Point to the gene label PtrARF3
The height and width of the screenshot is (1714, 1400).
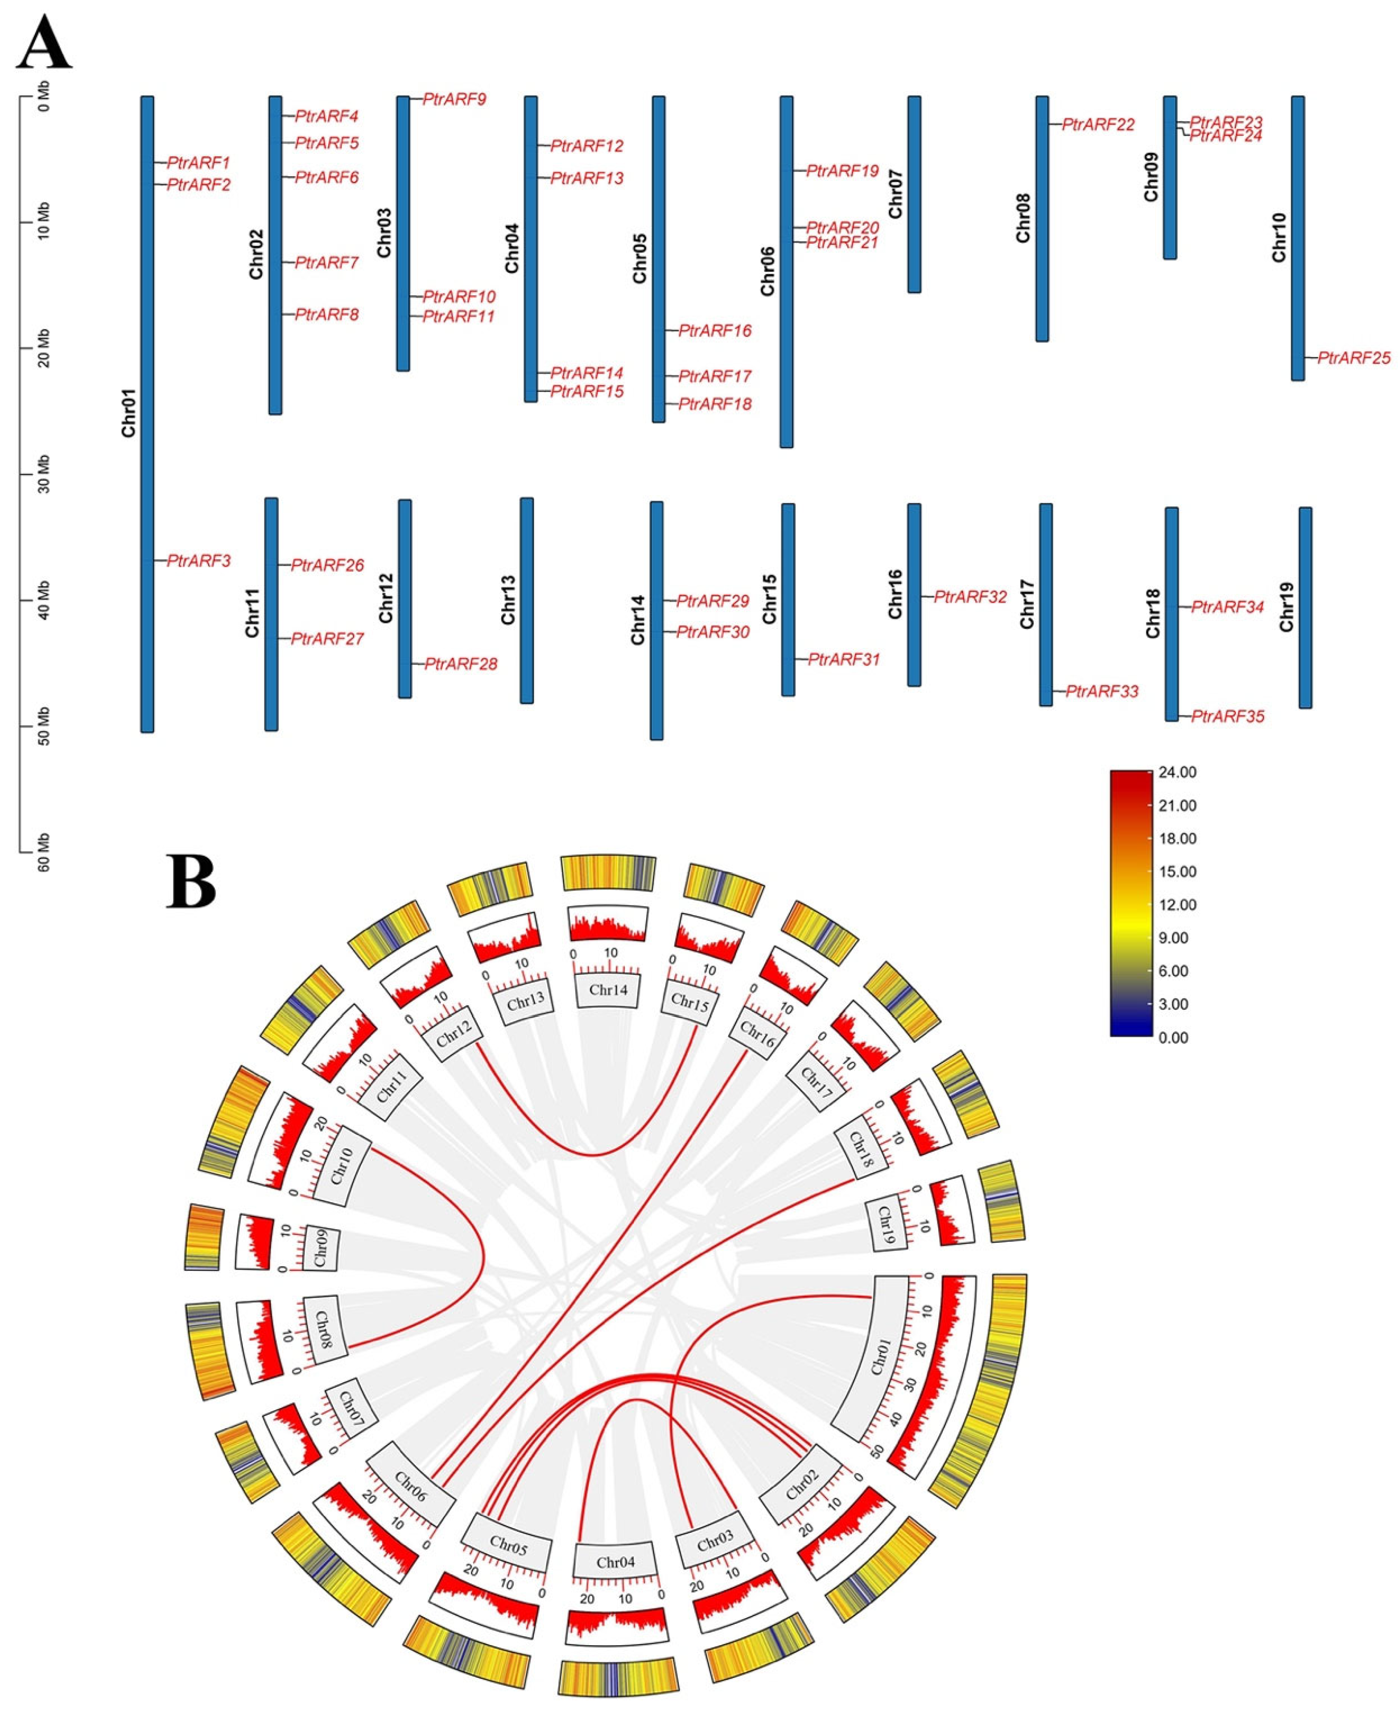pyautogui.click(x=199, y=560)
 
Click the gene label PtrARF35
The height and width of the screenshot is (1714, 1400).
pyautogui.click(x=1227, y=716)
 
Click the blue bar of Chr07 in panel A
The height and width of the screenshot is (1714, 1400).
pyautogui.click(x=914, y=194)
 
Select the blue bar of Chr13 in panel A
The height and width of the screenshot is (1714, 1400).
pyautogui.click(x=527, y=600)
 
